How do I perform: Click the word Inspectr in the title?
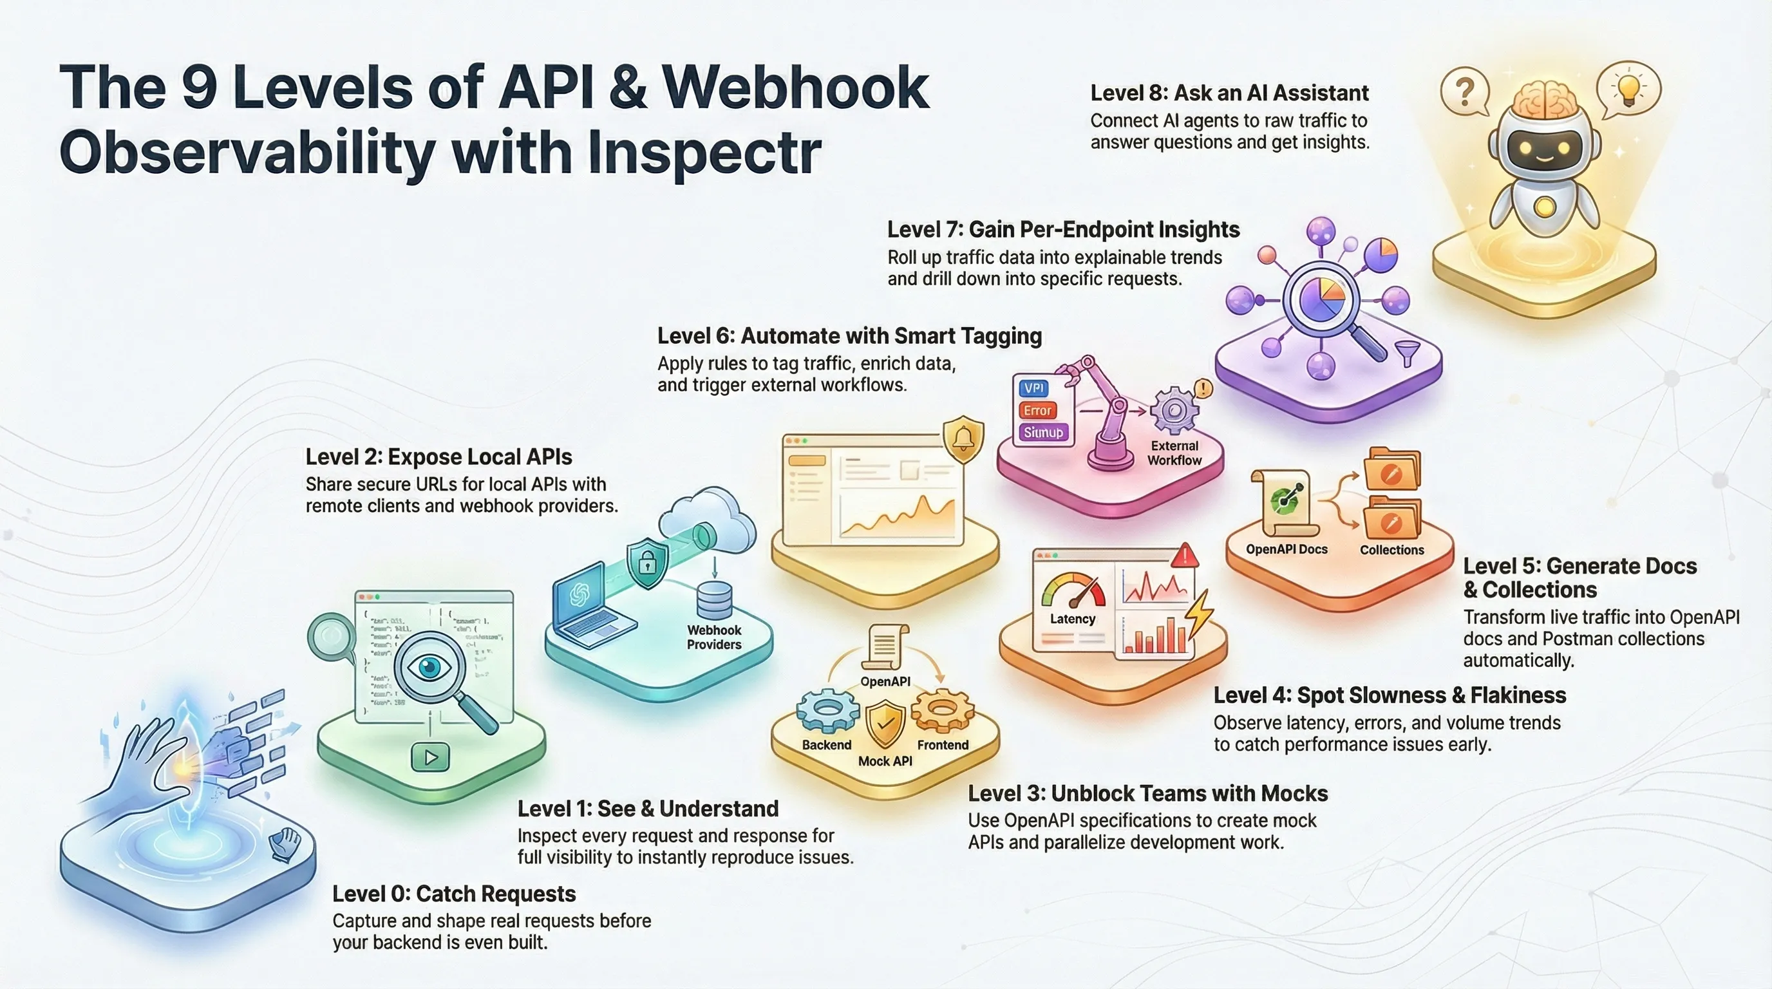(704, 153)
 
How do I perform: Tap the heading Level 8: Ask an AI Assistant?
(1229, 93)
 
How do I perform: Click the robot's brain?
(1544, 107)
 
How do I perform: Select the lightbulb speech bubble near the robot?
(1628, 90)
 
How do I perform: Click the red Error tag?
(1037, 411)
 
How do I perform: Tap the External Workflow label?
(1174, 453)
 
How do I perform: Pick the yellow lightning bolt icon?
(1200, 612)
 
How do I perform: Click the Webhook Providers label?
(714, 637)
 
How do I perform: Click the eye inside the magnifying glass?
(430, 666)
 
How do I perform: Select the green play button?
(431, 757)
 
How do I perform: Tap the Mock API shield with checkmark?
(885, 724)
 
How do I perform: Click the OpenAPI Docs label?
(1287, 549)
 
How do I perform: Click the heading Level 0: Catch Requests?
(454, 894)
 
